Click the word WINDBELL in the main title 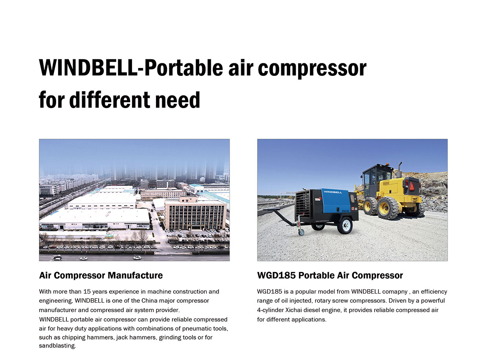pos(88,68)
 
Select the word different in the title pos(110,100)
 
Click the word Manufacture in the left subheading pos(135,275)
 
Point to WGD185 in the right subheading pos(276,275)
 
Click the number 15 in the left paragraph pos(87,292)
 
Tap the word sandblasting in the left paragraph pos(57,346)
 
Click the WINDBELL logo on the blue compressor pos(333,192)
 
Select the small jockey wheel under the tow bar pos(301,232)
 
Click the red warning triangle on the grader pos(412,186)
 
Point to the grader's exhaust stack pos(399,170)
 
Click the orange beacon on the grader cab pos(387,164)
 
